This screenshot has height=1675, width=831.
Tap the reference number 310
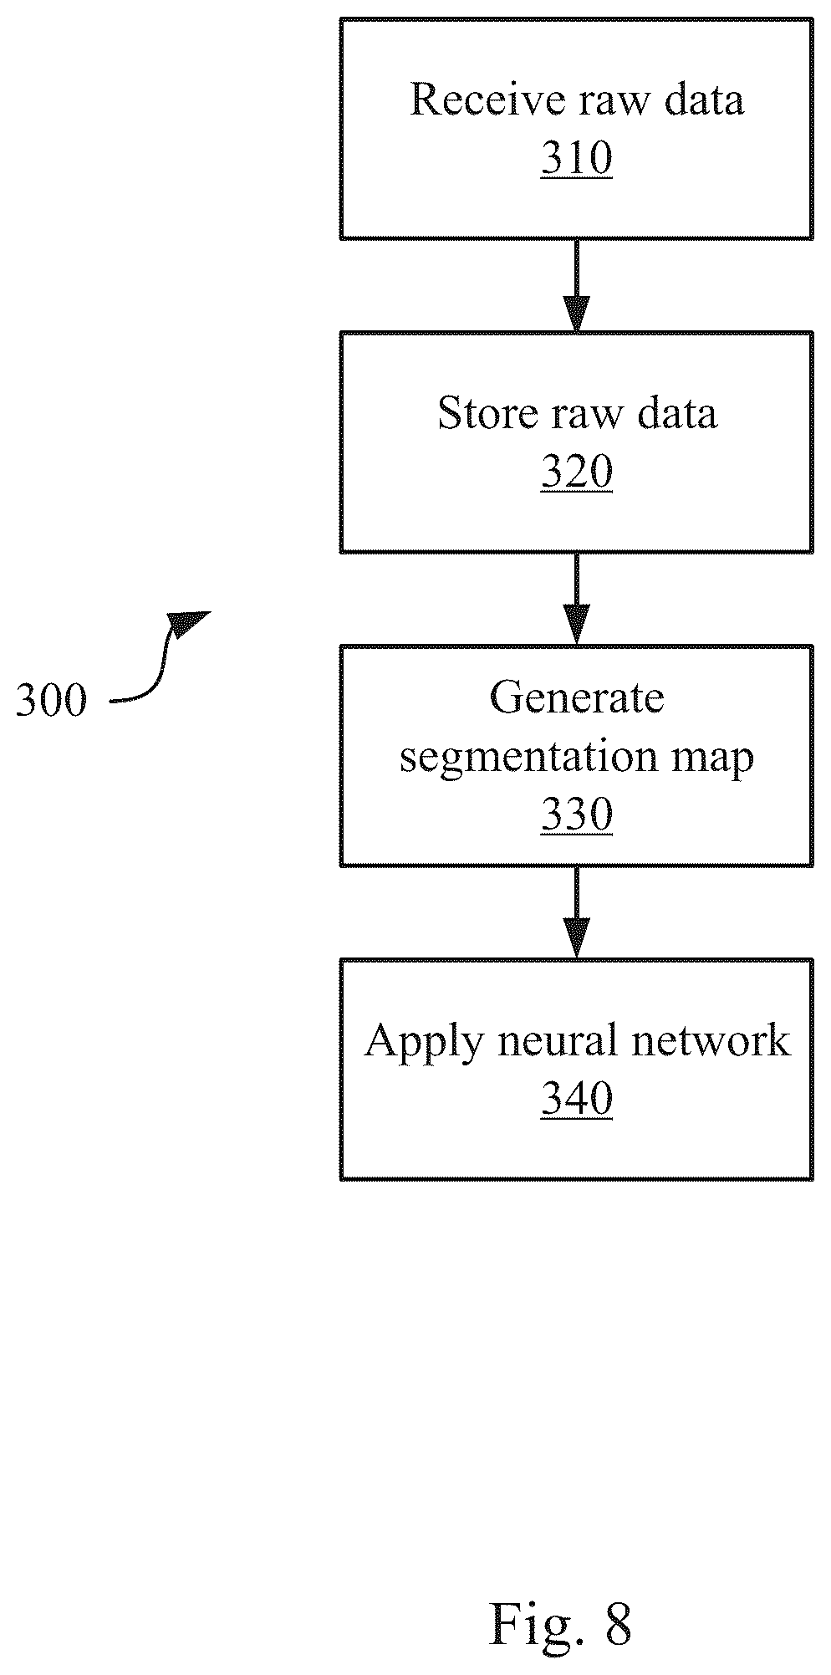click(577, 158)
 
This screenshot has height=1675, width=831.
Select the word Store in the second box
click(483, 413)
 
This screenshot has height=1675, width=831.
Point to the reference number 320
click(577, 472)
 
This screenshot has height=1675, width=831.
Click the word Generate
click(577, 697)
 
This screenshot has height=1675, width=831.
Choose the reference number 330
click(577, 815)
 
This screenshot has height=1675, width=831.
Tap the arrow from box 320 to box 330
click(577, 599)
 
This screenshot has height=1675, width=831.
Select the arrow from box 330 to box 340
click(577, 912)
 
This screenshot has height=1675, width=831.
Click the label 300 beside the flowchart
click(51, 700)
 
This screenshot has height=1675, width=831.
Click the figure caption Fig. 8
click(560, 1622)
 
